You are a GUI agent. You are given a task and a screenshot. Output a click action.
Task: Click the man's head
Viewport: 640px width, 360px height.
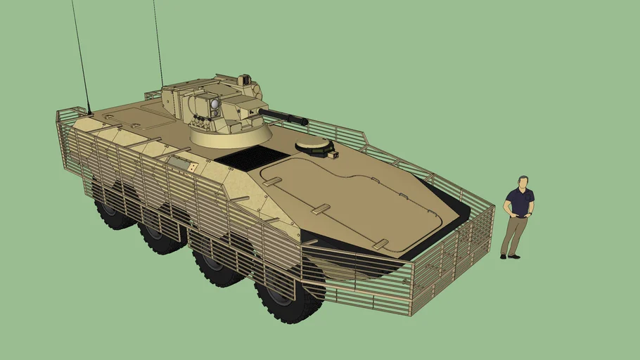[523, 183]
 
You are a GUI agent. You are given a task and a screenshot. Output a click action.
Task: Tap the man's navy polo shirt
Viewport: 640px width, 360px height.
[520, 202]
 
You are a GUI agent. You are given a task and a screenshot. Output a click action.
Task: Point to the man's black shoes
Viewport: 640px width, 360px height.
[511, 256]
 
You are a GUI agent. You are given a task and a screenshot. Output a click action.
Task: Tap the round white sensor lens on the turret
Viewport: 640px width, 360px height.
[215, 105]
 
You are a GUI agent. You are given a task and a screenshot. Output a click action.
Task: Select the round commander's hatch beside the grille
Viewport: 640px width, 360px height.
[314, 146]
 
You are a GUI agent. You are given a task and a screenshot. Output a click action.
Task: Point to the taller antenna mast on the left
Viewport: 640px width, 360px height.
[80, 56]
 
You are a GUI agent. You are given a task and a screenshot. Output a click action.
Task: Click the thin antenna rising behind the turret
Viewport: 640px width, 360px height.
[158, 42]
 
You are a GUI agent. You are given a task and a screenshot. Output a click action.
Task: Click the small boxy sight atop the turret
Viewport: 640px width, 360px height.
[245, 80]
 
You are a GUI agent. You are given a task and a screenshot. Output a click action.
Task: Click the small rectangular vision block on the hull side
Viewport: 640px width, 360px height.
[179, 163]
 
